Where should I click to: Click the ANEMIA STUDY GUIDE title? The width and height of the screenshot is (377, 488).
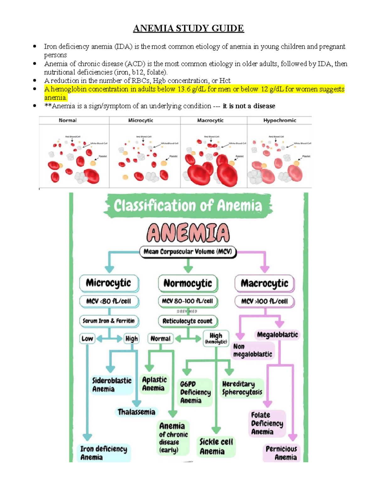[x=188, y=29]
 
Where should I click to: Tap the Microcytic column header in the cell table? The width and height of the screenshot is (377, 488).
[x=140, y=120]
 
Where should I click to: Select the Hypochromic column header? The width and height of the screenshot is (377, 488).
[x=280, y=120]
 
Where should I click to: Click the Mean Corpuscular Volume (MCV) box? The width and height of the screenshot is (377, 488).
[x=188, y=252]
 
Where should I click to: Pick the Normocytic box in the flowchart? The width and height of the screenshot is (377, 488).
[x=188, y=283]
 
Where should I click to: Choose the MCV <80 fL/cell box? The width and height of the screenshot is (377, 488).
[x=109, y=301]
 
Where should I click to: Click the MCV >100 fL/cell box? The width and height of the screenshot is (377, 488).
[x=264, y=301]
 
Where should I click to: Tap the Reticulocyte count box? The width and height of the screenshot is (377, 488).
[x=188, y=321]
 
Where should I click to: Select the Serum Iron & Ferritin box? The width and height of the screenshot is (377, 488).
[x=109, y=321]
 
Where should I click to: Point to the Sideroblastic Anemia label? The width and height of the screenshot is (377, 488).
[x=112, y=385]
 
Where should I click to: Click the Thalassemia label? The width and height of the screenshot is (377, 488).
[x=136, y=412]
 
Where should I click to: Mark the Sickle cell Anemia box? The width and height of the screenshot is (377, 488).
[x=216, y=447]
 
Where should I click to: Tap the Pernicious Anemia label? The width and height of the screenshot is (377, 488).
[x=281, y=453]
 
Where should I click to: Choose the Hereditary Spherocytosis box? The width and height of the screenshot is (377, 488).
[x=242, y=388]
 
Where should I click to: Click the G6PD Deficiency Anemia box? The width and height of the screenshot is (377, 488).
[x=195, y=392]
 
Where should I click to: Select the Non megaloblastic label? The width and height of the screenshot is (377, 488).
[x=252, y=350]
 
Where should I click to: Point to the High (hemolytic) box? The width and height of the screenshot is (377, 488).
[x=216, y=338]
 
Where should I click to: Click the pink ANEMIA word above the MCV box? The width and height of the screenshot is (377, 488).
[x=188, y=233]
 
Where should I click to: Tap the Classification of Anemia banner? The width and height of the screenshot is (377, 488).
[x=188, y=206]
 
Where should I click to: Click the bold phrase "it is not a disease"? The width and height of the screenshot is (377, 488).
[x=249, y=106]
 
